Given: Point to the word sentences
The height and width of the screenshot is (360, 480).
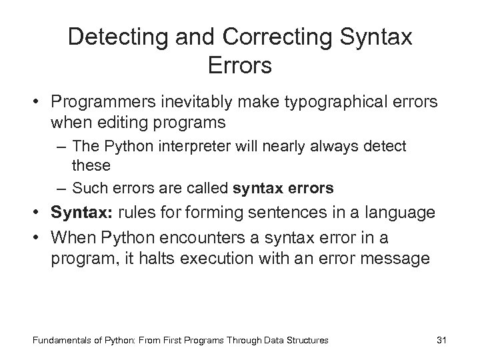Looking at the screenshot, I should click(297, 213).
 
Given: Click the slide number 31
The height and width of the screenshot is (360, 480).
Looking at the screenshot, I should click(440, 340).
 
